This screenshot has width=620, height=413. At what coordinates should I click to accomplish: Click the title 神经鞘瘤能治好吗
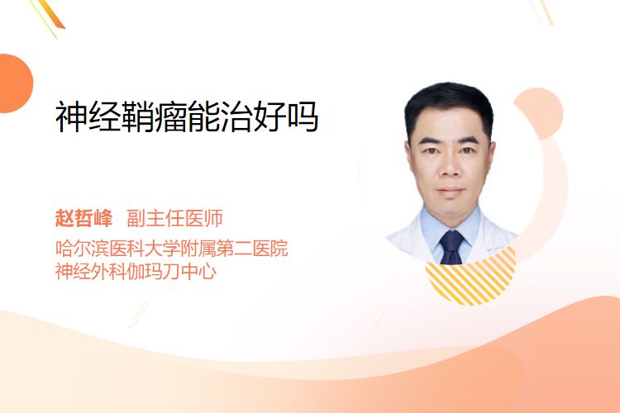[x=187, y=116]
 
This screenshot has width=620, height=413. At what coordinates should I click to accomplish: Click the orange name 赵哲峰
[x=83, y=218]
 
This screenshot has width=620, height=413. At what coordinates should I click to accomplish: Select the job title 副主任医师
[x=174, y=218]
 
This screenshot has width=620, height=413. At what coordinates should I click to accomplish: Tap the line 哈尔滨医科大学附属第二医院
[x=172, y=248]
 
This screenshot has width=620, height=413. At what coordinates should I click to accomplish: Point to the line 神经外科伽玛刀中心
[x=136, y=271]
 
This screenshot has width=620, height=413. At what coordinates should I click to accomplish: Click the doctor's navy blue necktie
[x=451, y=248]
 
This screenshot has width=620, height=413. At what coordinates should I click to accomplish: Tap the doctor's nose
[x=451, y=168]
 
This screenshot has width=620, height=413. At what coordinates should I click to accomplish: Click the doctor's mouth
[x=451, y=191]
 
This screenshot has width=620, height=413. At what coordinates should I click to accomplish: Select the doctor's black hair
[x=449, y=103]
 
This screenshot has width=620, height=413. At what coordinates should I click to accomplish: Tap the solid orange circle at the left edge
[x=15, y=83]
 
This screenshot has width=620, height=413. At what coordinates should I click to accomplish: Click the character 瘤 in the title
[x=170, y=116]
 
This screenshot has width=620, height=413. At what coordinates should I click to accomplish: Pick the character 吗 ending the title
[x=303, y=116]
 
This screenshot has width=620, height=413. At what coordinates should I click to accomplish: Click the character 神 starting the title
[x=71, y=116]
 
